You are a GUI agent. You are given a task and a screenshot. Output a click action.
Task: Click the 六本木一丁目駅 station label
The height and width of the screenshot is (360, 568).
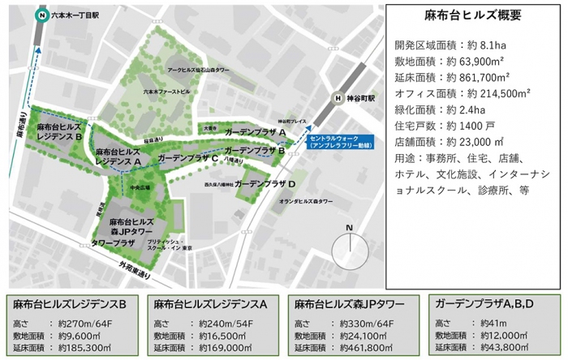click(76, 15)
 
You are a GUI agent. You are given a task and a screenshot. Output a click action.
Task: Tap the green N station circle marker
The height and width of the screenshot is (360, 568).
click(40, 15)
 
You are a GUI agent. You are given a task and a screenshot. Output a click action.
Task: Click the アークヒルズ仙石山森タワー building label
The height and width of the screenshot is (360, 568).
click(199, 71)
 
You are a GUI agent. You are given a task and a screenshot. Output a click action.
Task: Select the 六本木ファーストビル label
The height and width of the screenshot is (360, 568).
click(166, 92)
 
